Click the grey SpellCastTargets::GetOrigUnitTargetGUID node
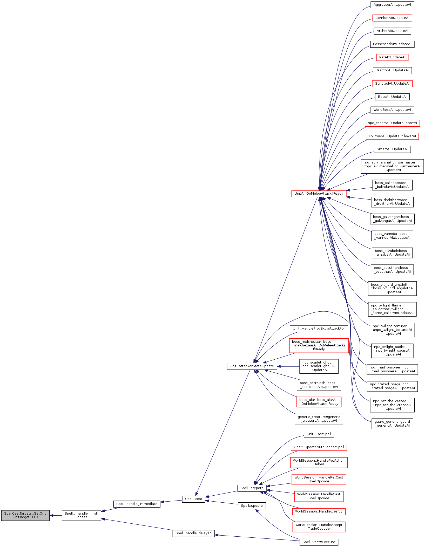(x=25, y=515)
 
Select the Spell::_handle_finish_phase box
(x=81, y=515)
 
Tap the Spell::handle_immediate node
(x=137, y=504)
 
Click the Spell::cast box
(x=193, y=499)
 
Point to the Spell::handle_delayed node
(x=193, y=533)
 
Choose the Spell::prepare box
(x=252, y=488)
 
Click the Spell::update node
(x=252, y=505)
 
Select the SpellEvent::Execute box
(x=319, y=542)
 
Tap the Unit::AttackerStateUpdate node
(x=252, y=366)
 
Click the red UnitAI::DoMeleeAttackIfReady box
(x=319, y=193)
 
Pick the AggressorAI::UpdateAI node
(x=392, y=5)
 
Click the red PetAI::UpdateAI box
(x=392, y=57)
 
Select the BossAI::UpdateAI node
(x=392, y=97)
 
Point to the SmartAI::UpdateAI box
(x=392, y=149)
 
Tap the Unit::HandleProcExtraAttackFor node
(x=319, y=328)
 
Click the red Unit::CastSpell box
(x=319, y=434)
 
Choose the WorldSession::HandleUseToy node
(x=319, y=511)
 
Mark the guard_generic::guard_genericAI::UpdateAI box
(x=392, y=423)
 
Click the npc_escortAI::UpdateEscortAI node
(x=392, y=123)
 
